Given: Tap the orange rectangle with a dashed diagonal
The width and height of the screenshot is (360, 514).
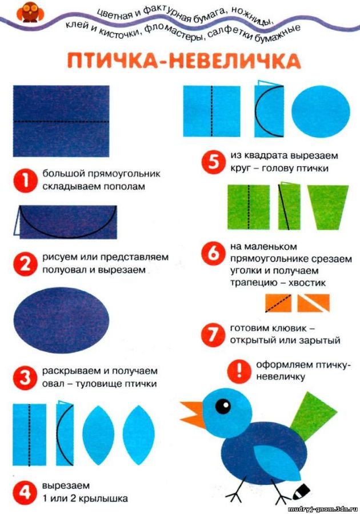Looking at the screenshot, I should tap(278, 303).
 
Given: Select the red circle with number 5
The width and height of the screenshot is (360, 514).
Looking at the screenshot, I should tap(213, 163).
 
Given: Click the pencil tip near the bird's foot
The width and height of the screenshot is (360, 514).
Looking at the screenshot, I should tap(301, 490).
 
